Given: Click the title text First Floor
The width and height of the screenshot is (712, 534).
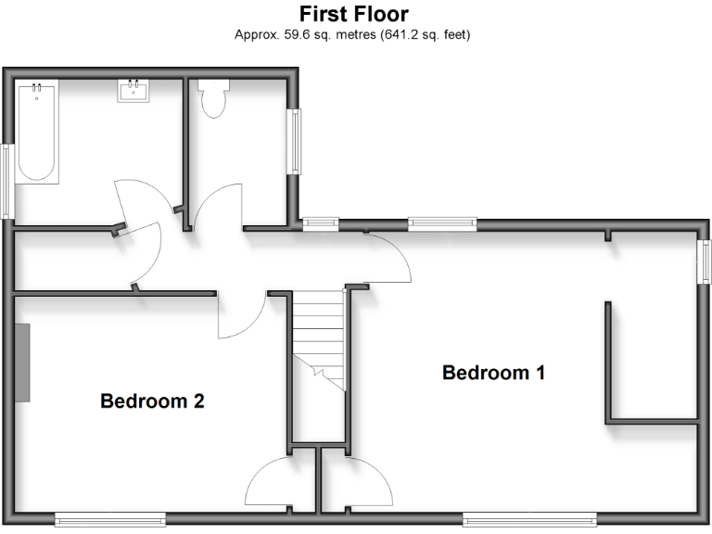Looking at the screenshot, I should [353, 15].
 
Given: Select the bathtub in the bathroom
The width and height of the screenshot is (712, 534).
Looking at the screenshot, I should [37, 131].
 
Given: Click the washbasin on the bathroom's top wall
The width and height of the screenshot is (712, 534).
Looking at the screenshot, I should [133, 91].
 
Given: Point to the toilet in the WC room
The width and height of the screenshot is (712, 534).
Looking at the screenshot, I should [214, 98].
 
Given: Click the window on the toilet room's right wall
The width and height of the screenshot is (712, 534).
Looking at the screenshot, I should [294, 141].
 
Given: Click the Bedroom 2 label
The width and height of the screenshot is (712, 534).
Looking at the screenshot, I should [152, 401].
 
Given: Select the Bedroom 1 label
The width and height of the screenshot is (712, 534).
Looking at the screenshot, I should [493, 374].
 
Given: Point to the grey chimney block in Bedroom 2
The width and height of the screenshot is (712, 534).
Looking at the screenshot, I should [22, 362].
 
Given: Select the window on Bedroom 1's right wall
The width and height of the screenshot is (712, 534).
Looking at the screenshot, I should [704, 261].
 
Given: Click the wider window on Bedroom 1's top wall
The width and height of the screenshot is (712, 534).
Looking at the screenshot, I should [442, 222].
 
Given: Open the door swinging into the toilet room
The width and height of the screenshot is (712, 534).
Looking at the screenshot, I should [215, 206].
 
